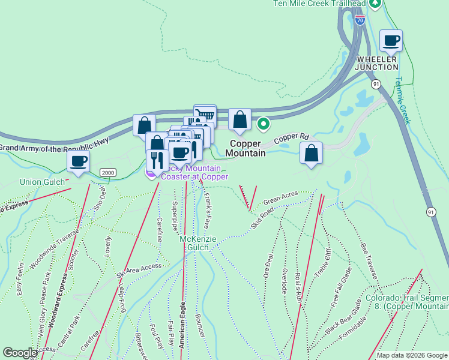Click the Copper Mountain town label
pos(246,148)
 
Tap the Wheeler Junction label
pos(376,63)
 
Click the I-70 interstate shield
pos(360,20)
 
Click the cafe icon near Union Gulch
pos(79,160)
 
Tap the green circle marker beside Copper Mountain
pos(263,124)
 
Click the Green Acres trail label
pos(280,197)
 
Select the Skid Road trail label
pos(262,218)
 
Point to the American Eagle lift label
pos(182,324)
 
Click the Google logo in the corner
pos(20,353)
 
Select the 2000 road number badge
pos(107,173)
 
